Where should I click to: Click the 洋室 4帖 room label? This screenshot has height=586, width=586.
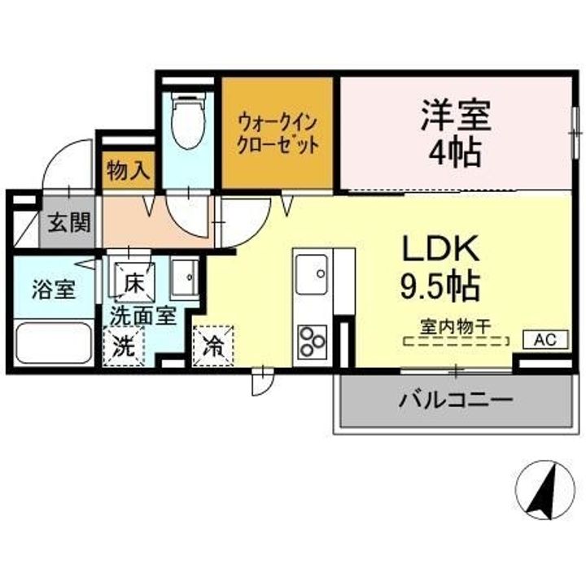tap(455, 133)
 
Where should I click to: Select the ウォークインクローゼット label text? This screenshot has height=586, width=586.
tap(277, 131)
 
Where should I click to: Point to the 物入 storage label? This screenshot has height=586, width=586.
tap(128, 172)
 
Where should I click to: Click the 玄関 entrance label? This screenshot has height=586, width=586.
tap(68, 221)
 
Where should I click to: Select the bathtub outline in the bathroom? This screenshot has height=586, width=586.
tap(54, 343)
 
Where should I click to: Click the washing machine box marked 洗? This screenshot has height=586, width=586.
tap(125, 346)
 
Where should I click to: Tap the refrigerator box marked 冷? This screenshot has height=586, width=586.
tap(213, 346)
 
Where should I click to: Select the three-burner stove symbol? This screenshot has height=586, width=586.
tap(312, 341)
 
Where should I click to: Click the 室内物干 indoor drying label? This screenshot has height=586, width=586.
tap(455, 326)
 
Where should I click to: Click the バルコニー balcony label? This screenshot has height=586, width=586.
tap(455, 400)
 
